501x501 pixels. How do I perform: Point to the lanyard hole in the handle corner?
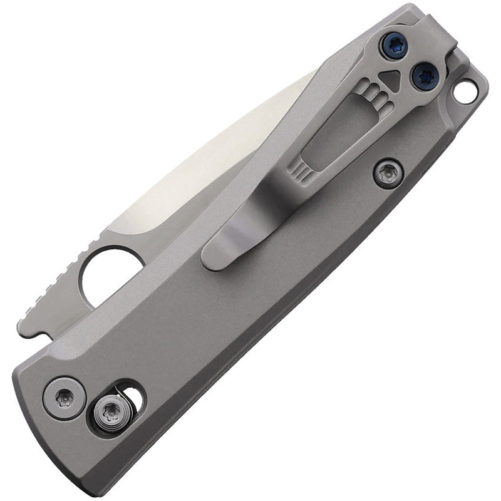[465, 93]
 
